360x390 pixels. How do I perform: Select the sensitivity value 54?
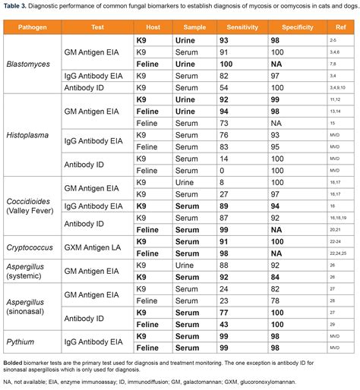[223, 88]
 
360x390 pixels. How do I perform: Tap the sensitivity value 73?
[223, 123]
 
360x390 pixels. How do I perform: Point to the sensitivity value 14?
[223, 159]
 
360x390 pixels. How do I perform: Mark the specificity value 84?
[276, 277]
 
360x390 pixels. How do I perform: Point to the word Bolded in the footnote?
[16, 363]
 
